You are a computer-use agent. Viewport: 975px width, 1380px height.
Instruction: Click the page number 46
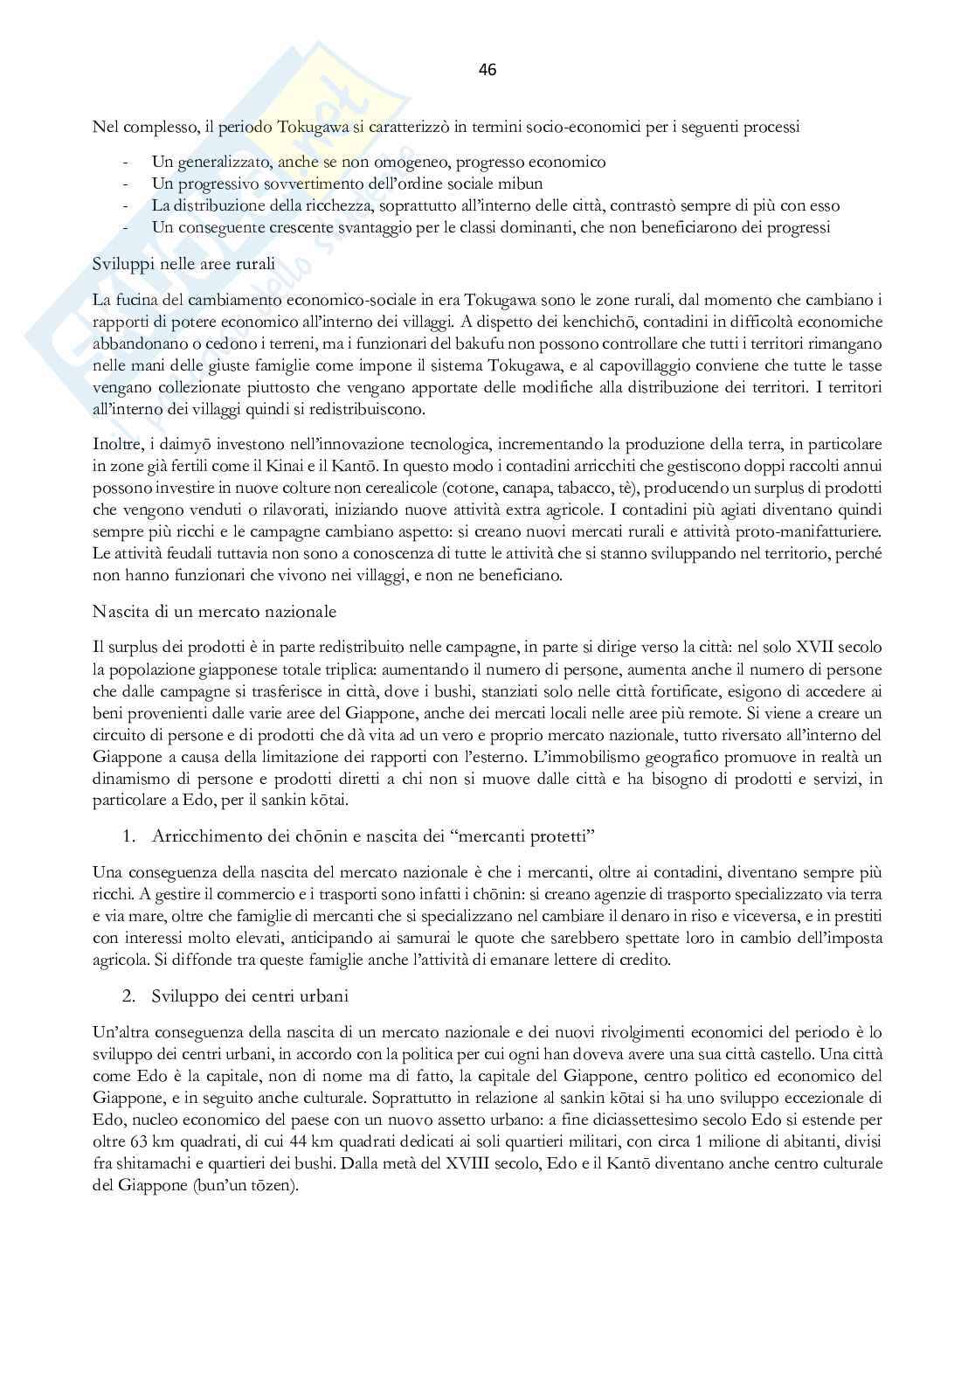pyautogui.click(x=487, y=70)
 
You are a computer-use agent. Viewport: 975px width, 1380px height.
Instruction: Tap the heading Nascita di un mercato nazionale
pyautogui.click(x=214, y=611)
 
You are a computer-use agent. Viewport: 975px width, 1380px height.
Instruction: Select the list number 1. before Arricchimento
pyautogui.click(x=129, y=836)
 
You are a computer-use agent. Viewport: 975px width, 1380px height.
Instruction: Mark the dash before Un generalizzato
pyautogui.click(x=129, y=163)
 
